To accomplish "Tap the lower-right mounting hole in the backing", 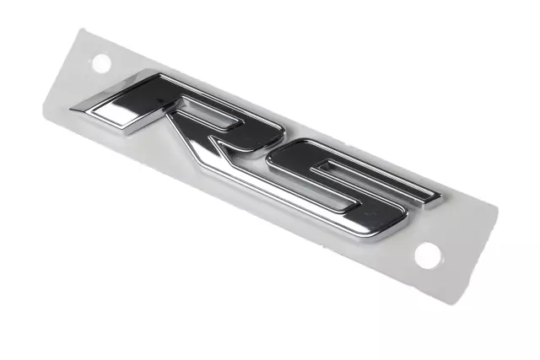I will [427, 254].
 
